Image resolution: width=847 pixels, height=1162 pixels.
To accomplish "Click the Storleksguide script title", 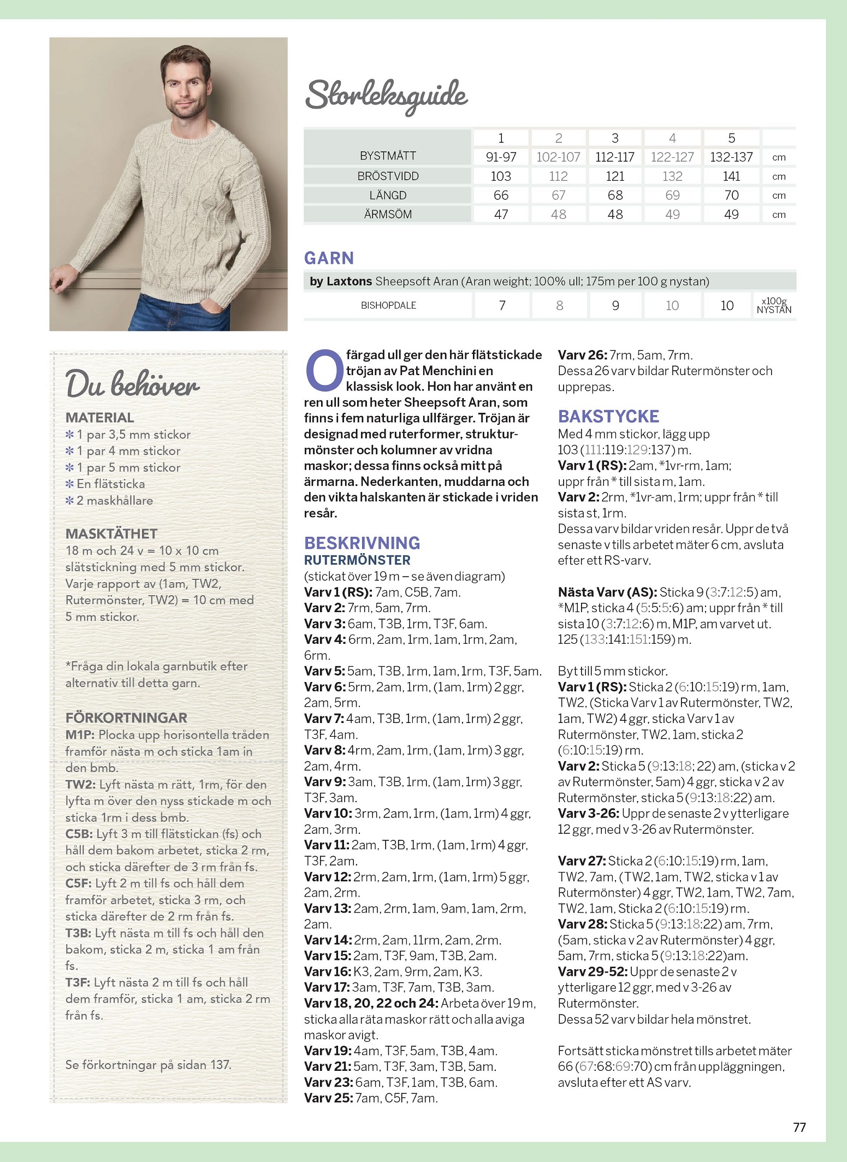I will (x=386, y=96).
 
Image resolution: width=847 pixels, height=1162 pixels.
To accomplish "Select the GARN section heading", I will (x=329, y=258).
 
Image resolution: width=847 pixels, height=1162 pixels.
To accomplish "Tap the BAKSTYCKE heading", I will (x=608, y=416).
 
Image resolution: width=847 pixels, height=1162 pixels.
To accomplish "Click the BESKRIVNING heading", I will (x=362, y=543).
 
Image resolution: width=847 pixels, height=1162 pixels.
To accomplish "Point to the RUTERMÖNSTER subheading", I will (x=357, y=560).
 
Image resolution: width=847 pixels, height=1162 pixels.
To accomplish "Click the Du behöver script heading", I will (x=133, y=383).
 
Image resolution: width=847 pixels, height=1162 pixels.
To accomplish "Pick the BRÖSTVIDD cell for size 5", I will (x=731, y=176).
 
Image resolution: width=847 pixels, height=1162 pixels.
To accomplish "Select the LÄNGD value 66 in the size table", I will (x=501, y=195).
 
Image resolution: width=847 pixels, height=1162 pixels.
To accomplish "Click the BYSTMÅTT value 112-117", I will (x=615, y=157).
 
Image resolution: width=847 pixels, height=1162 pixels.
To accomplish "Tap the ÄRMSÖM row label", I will (x=388, y=215).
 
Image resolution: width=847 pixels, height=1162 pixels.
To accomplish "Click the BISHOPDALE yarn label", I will (x=388, y=305).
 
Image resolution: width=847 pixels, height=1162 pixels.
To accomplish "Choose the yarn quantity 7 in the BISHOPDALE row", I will (x=502, y=305).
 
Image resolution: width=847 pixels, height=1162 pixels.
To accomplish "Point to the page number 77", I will (x=799, y=1127).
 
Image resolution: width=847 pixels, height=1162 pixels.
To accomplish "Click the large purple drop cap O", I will (x=324, y=371).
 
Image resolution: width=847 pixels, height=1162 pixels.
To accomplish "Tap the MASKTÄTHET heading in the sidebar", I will (x=111, y=533).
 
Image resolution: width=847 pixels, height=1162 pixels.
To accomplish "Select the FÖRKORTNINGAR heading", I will (x=126, y=718).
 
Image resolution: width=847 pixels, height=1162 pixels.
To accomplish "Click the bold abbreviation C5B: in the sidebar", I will (x=79, y=834).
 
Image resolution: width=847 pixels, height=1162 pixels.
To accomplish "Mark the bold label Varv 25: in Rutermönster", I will (x=328, y=1098).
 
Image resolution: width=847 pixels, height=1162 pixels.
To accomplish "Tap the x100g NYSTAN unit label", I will (x=774, y=305).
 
